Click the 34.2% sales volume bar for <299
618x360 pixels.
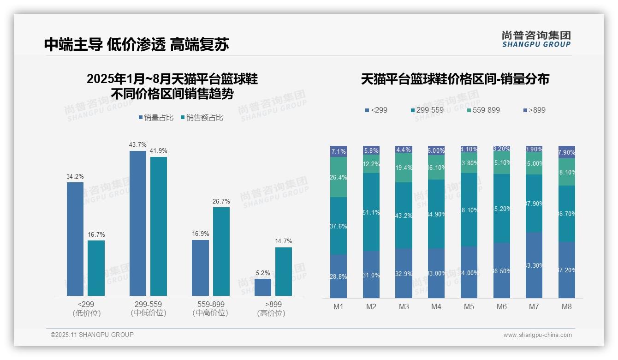pos(75,239)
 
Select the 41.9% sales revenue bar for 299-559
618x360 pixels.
pos(159,226)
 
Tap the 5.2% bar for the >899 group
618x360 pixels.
pos(263,287)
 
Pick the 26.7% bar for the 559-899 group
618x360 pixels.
pos(221,251)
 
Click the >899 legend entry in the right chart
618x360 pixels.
pos(535,110)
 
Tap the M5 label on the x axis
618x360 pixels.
pos(469,306)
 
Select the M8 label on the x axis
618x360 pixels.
pos(567,306)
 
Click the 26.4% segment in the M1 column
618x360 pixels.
pos(339,177)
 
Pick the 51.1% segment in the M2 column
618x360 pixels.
pos(371,212)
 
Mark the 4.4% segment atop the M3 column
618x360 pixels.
pos(404,150)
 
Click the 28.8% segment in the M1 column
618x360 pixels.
pos(339,276)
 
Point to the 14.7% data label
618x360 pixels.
pos(284,241)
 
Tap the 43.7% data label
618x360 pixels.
pos(138,145)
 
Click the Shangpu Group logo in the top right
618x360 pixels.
pos(536,39)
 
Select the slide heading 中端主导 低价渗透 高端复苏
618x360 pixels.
pos(137,44)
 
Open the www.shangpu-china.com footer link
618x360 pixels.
pos(537,335)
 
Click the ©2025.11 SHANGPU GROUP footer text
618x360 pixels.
pos(92,335)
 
